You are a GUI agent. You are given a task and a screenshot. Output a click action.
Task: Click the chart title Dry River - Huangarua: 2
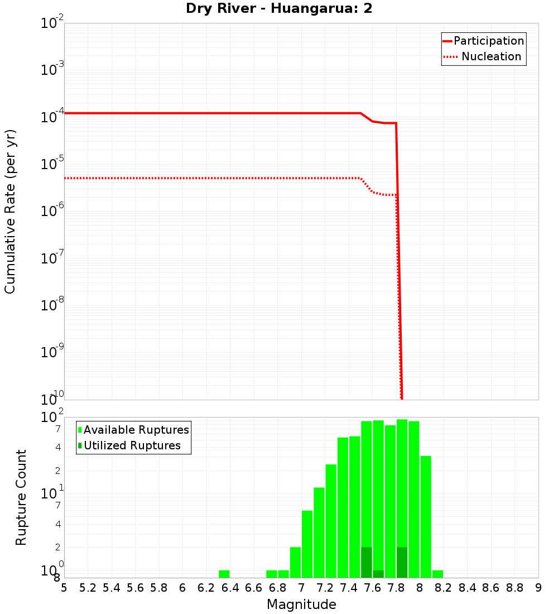coord(279,9)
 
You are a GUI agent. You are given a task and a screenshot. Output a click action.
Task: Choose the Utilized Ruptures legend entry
coord(132,445)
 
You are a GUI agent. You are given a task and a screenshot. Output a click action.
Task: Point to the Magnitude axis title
coord(301,605)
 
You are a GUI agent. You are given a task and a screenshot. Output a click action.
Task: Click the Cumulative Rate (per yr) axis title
coord(10,212)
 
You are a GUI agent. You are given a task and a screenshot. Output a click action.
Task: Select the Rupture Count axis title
coord(21,497)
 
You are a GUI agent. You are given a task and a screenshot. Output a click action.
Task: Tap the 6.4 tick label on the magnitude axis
coord(230,588)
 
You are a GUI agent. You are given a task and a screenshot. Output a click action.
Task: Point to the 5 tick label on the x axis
coord(64,588)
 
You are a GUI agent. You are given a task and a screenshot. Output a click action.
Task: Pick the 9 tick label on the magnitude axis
coord(538,588)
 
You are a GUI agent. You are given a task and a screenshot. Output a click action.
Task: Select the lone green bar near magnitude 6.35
coord(224,574)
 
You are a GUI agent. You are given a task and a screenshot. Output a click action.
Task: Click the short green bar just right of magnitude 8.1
coord(437,574)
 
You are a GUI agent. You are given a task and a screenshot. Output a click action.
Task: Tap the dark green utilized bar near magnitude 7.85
coord(402,563)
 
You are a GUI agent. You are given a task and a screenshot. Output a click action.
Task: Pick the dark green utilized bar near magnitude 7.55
coord(367,563)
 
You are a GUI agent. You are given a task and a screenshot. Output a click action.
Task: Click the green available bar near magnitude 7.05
coord(307,544)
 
